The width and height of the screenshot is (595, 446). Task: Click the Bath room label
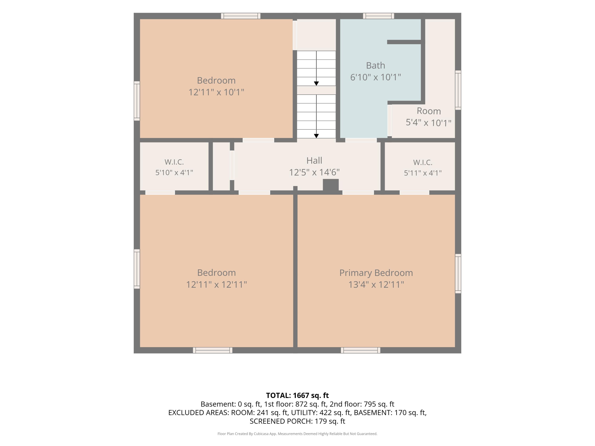point(375,66)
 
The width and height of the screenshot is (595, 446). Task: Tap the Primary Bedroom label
point(376,273)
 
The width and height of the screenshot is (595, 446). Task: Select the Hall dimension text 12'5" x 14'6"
point(314,172)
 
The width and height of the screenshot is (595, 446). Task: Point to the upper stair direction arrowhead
point(316,84)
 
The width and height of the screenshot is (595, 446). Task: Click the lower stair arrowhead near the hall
point(316,136)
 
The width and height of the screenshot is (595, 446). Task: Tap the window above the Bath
point(378,16)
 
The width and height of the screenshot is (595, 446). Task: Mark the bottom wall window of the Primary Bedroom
point(360,350)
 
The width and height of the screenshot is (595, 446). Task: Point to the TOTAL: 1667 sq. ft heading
point(297,395)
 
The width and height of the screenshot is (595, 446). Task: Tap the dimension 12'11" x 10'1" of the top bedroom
point(216,92)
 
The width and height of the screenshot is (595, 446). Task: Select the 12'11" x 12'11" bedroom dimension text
point(217,284)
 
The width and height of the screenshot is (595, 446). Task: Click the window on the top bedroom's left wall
point(137,101)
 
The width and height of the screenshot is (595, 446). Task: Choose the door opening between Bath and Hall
point(361,140)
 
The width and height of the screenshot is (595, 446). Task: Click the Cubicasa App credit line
point(297,434)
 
